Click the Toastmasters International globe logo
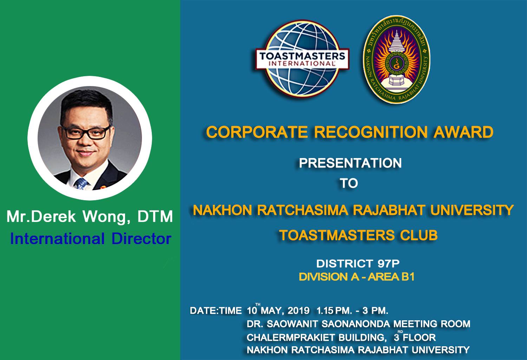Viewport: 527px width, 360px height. (302, 59)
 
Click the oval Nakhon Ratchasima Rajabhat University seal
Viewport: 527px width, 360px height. (397, 59)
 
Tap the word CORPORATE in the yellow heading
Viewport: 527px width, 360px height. (257, 132)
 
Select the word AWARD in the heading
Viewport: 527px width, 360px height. (463, 132)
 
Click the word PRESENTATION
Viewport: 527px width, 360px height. (350, 163)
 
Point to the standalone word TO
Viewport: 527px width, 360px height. (349, 183)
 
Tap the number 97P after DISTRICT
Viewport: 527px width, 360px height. (389, 264)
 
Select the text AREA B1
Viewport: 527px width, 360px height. (391, 277)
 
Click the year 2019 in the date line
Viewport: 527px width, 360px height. (298, 310)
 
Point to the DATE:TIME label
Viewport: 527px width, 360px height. (216, 310)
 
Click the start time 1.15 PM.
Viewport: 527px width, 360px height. (334, 310)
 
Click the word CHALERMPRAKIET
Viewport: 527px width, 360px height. (291, 338)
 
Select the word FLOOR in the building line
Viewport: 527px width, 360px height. (419, 338)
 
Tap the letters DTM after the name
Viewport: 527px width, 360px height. (155, 216)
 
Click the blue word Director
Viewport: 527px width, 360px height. (141, 239)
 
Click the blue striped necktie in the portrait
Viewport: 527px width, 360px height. (81, 183)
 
